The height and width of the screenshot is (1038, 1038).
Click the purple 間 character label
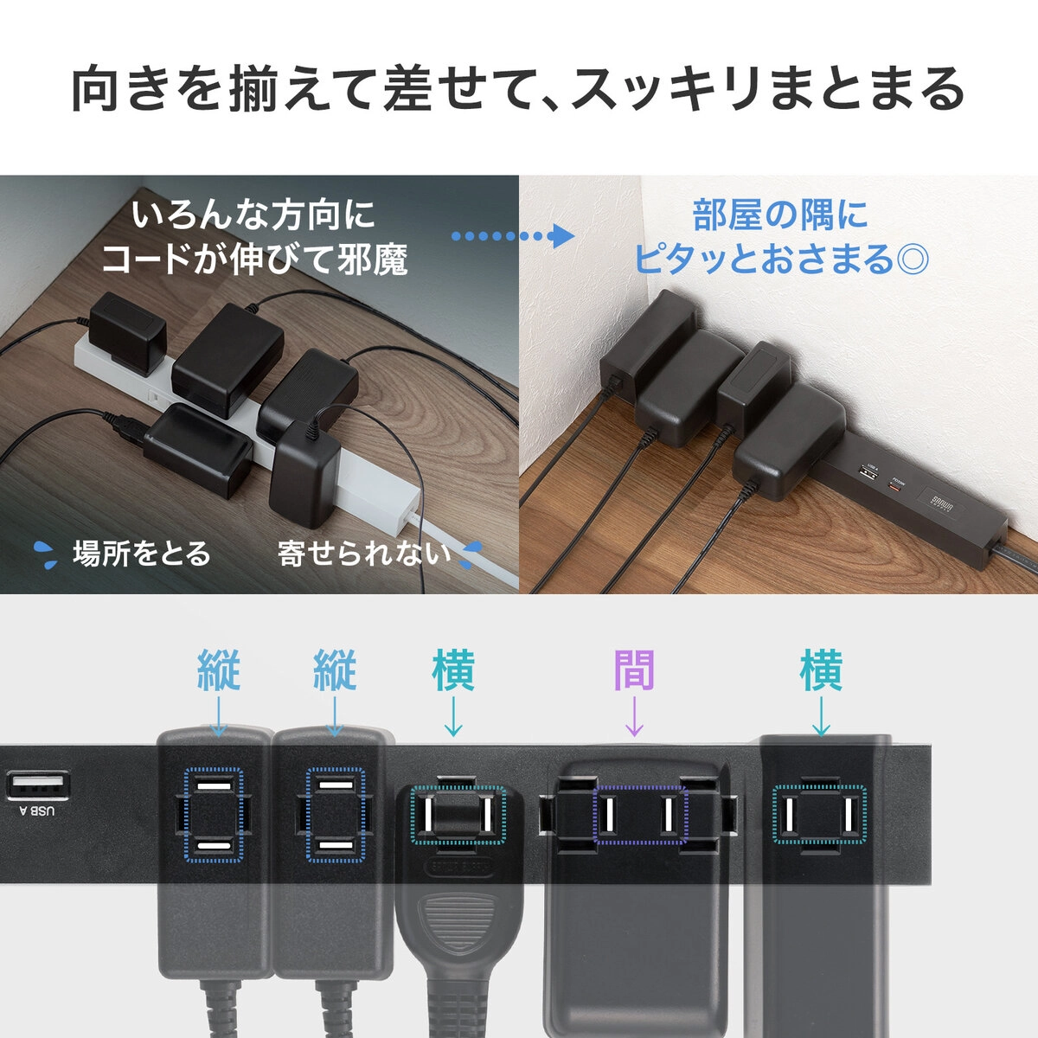pos(634,671)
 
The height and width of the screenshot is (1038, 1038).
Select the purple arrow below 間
pos(634,715)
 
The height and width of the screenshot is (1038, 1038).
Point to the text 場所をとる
pos(141,553)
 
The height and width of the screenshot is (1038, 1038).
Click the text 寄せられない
pos(364,553)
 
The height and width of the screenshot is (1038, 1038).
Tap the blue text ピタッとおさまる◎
pos(780,258)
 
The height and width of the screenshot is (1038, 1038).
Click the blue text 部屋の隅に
pos(780,215)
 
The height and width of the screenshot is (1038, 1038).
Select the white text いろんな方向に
pos(253,215)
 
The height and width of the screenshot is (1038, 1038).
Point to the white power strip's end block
pos(385,510)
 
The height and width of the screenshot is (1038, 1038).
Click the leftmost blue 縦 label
pos(219,671)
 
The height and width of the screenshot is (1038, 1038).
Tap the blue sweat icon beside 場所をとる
pos(46,554)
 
